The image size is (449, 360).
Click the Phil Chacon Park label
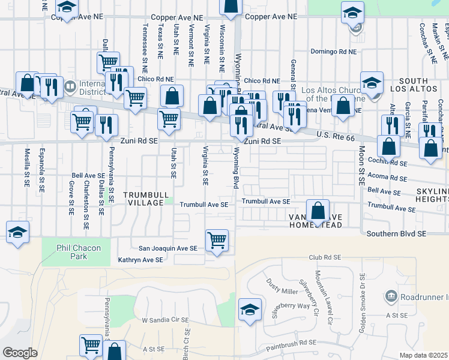(x=72, y=252)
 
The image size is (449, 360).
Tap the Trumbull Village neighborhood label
(x=143, y=199)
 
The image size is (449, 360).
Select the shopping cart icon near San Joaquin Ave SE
(x=217, y=240)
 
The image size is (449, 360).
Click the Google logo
(x=20, y=352)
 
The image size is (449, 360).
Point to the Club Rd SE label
(x=324, y=257)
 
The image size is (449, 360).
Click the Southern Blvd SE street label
(x=397, y=233)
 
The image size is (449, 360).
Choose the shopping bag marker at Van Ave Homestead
(x=318, y=210)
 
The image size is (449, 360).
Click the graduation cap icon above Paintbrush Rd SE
(x=250, y=309)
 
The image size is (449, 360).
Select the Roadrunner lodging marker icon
(x=391, y=296)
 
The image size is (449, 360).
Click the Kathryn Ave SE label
(x=140, y=260)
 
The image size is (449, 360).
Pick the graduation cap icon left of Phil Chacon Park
(x=17, y=232)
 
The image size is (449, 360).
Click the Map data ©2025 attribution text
(x=424, y=355)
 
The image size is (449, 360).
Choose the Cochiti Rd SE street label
(x=390, y=163)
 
